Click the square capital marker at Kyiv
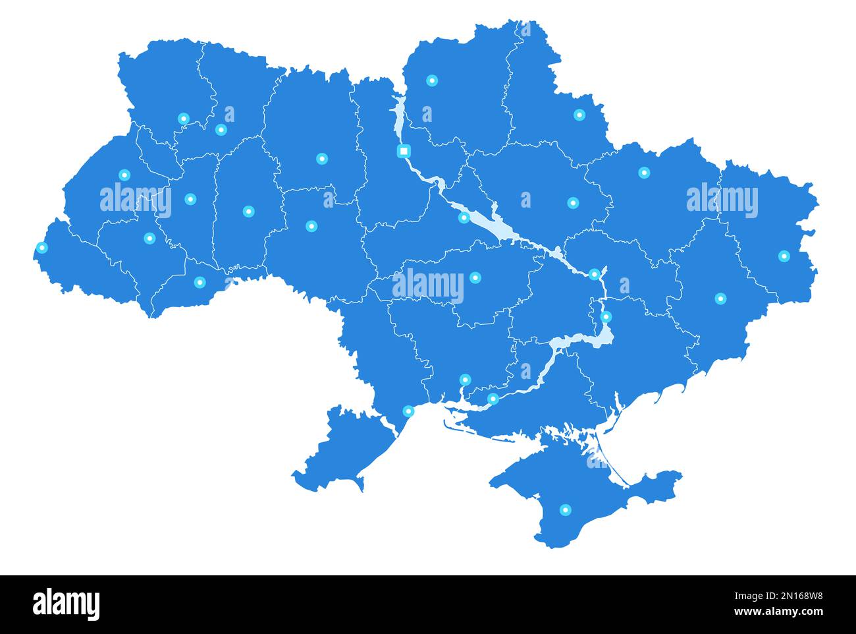404,151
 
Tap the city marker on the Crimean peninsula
565,509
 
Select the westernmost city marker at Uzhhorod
42,248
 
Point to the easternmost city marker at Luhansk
784,256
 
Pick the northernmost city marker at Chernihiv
432,80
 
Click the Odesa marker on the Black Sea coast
408,411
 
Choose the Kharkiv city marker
644,173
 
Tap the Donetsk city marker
720,299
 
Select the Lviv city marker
124,175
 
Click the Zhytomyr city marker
321,159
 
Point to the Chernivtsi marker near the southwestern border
200,282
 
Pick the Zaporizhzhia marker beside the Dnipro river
606,317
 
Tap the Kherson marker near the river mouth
493,398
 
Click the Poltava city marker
573,202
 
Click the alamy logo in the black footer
67,604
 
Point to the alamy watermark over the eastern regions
722,199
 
